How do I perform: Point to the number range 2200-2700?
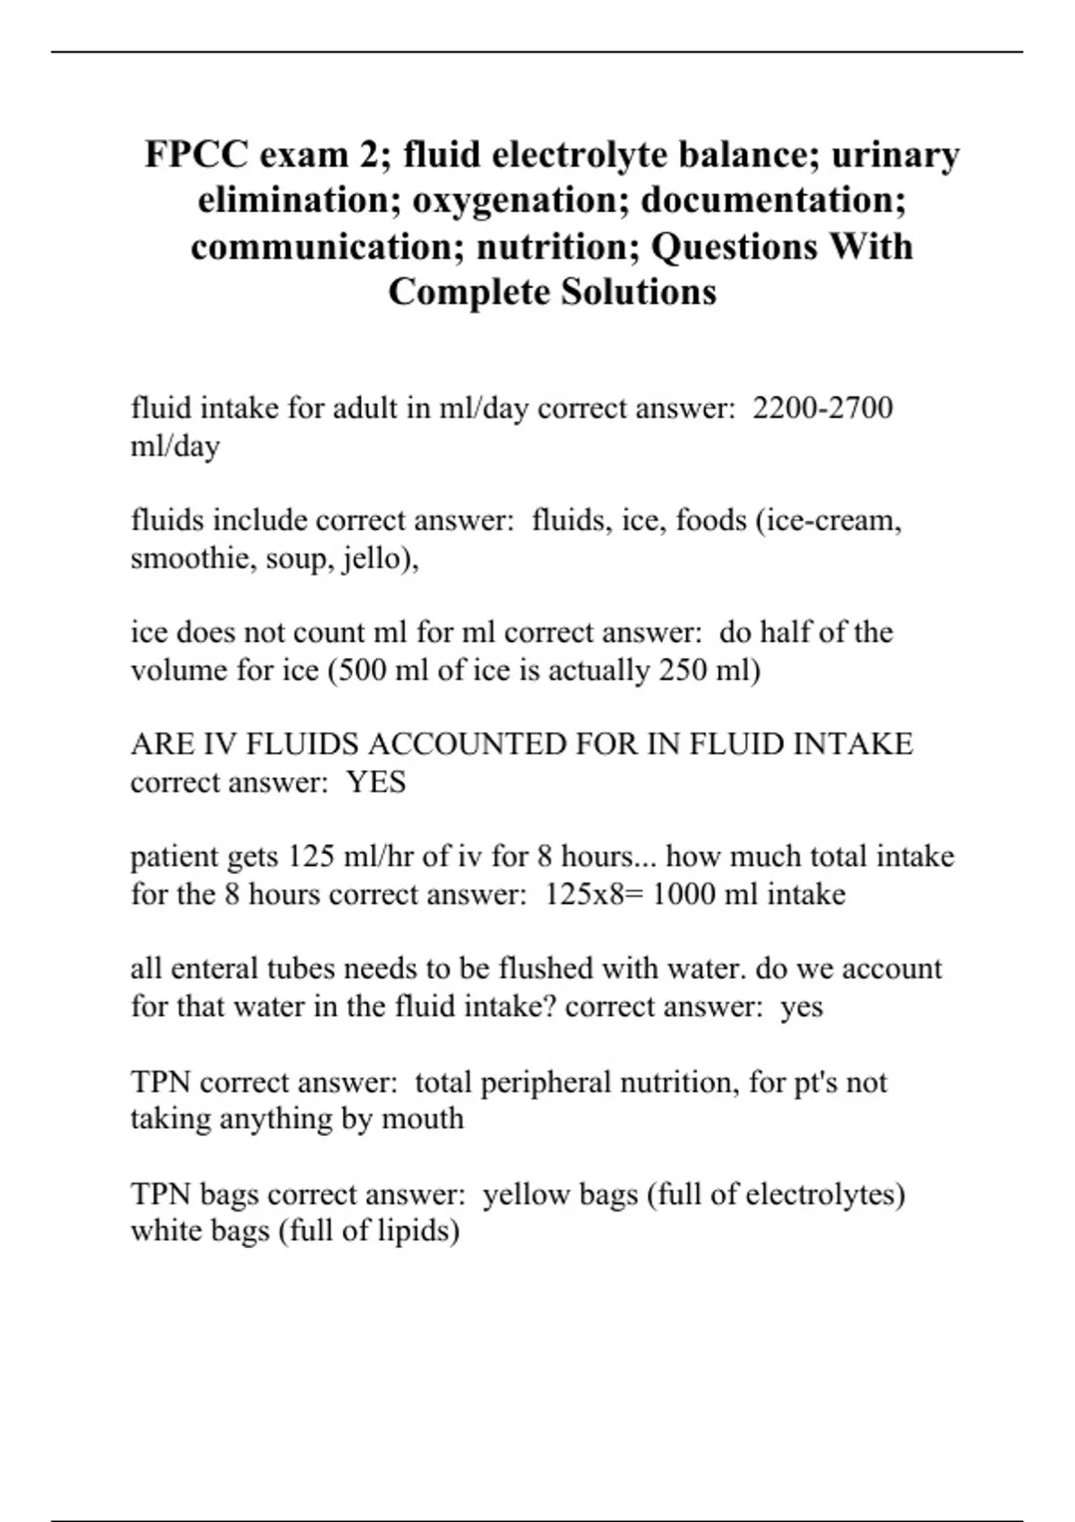tap(822, 408)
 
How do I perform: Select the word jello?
tap(372, 559)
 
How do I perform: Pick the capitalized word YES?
tap(376, 782)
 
